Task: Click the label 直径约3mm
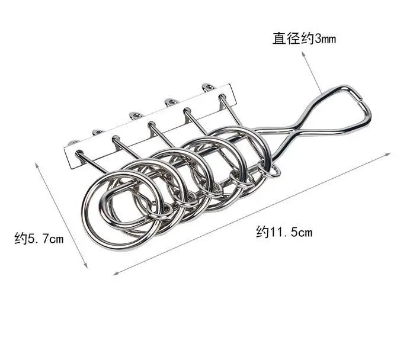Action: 304,38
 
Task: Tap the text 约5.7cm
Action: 39,239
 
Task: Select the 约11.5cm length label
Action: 284,232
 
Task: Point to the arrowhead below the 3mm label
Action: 304,54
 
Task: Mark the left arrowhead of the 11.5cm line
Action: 116,273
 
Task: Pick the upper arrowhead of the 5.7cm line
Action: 37,166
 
